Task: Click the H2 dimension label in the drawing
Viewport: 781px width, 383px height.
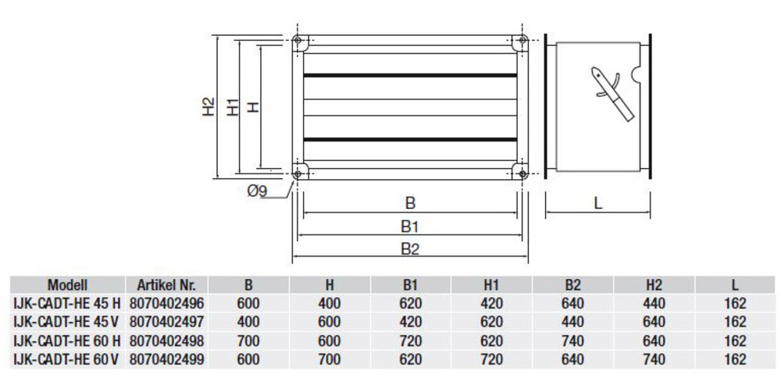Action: (x=206, y=107)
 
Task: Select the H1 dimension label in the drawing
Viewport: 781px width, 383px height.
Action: (x=233, y=107)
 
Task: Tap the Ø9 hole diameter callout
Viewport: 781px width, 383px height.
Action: (x=258, y=191)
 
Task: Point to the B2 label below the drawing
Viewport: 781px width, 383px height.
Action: (x=411, y=249)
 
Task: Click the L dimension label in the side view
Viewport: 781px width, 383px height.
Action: (x=597, y=203)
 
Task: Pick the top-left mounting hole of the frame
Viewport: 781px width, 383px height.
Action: (x=298, y=41)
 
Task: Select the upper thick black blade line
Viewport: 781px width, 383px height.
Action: (x=411, y=76)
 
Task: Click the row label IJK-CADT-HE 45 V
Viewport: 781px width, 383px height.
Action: (x=66, y=322)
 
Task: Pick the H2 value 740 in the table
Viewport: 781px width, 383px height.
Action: (x=654, y=360)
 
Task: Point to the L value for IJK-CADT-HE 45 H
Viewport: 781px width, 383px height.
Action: (x=735, y=303)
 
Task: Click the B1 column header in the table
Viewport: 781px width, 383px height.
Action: (x=411, y=285)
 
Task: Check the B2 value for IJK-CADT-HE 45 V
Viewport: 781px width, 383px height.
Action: (x=572, y=322)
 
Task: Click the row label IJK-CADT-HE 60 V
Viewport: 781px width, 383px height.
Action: (x=66, y=360)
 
